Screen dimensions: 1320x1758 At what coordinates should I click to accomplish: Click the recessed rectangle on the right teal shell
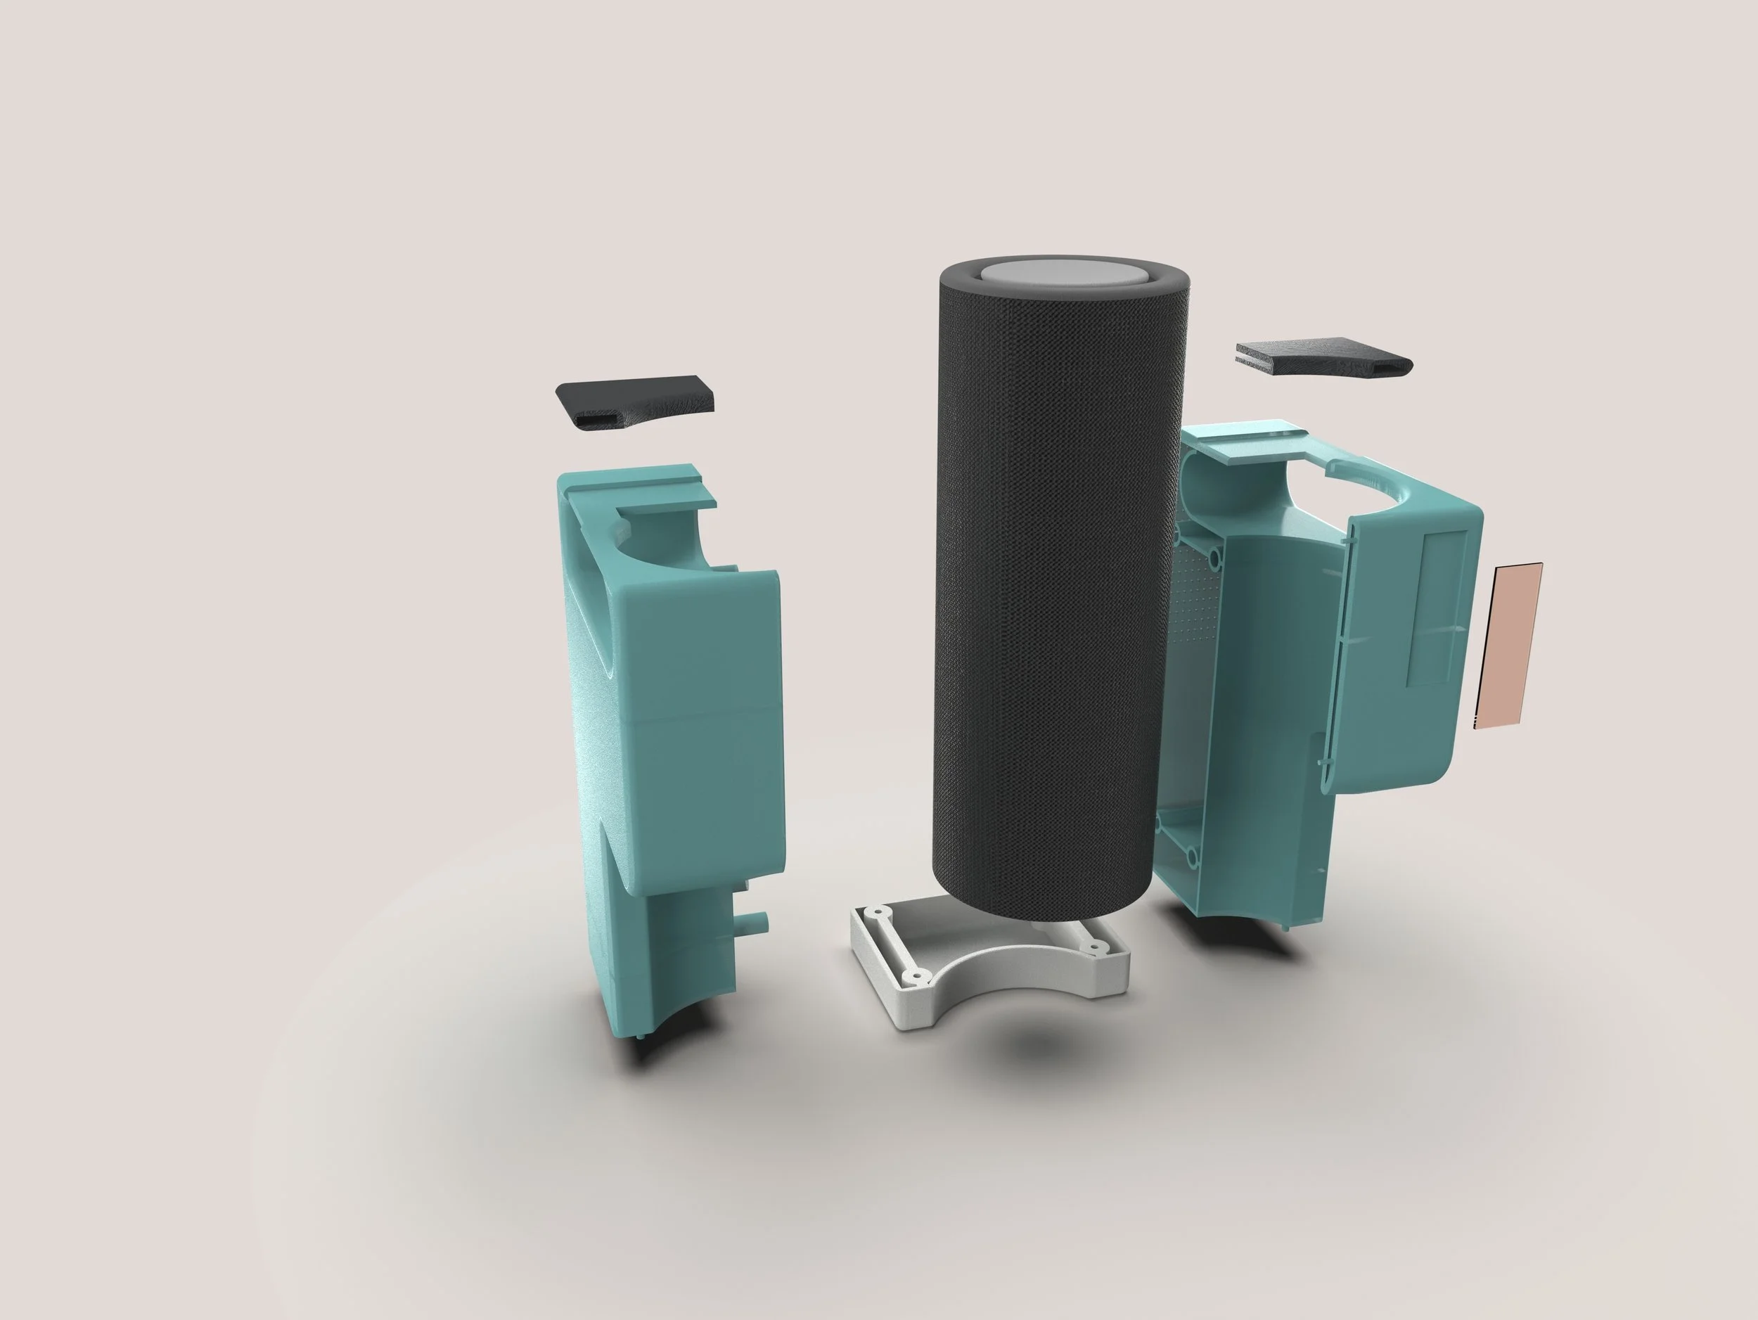[x=1437, y=608]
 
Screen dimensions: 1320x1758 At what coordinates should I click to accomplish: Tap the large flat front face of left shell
[x=700, y=715]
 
